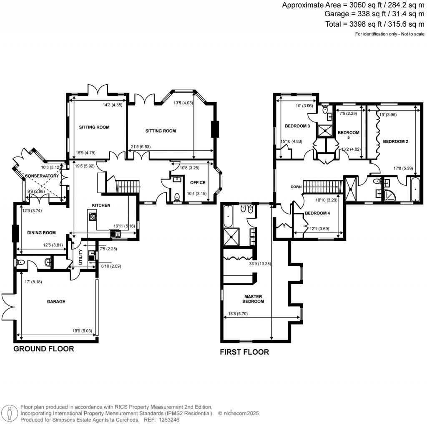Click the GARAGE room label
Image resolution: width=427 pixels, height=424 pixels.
[56, 301]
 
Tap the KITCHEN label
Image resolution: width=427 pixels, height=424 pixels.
[101, 205]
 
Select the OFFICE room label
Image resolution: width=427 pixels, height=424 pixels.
[198, 182]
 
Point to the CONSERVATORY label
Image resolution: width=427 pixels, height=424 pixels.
[42, 176]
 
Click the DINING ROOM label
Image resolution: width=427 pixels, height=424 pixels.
[41, 233]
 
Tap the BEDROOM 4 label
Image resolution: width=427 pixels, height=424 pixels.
[317, 213]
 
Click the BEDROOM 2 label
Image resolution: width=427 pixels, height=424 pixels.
[395, 141]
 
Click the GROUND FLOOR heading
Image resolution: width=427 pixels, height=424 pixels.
[44, 349]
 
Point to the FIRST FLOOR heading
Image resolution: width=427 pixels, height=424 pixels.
[244, 352]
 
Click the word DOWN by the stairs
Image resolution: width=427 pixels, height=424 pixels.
[296, 187]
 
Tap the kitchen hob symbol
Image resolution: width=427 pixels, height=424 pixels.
[92, 217]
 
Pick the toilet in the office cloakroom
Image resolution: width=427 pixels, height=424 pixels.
[176, 196]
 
